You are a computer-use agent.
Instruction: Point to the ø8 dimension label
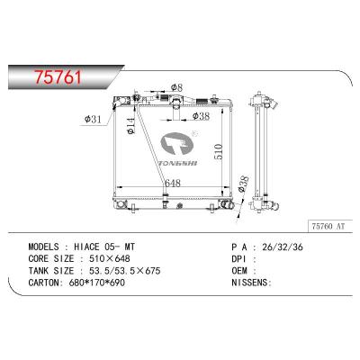pos(176,87)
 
